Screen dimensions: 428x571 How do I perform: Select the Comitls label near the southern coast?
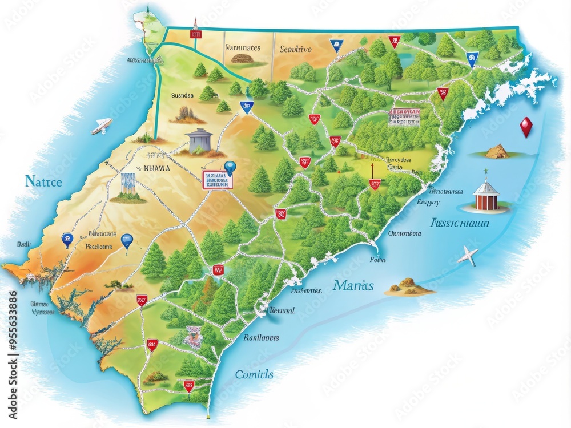[x=254, y=374]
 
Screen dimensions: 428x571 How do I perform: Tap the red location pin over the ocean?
[x=526, y=127]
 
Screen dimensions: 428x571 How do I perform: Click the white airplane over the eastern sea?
[x=468, y=256]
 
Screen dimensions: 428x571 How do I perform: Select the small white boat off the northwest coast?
[x=102, y=126]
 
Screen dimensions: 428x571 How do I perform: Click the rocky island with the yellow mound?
[x=497, y=151]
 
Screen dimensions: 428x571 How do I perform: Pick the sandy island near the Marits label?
[x=409, y=286]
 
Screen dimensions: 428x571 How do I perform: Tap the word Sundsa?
[x=183, y=96]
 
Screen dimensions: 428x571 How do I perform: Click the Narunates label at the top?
[x=243, y=48]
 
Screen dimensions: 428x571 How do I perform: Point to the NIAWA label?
[x=157, y=168]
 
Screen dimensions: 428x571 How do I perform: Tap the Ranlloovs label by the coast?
[x=261, y=337]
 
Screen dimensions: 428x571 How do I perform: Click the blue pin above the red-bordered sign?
[x=230, y=167]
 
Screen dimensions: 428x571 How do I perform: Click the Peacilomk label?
[x=99, y=247]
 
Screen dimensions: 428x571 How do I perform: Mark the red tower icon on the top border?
[x=195, y=30]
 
